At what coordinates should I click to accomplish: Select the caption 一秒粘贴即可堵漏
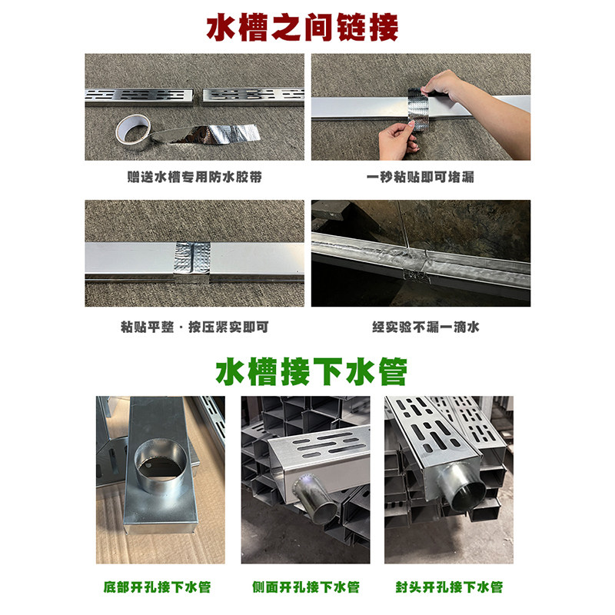point(420,177)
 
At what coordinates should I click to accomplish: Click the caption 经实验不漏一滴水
point(420,327)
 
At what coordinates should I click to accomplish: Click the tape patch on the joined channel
point(192,260)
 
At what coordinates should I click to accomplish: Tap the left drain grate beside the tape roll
point(139,96)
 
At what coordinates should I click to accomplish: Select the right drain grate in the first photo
point(253,96)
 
